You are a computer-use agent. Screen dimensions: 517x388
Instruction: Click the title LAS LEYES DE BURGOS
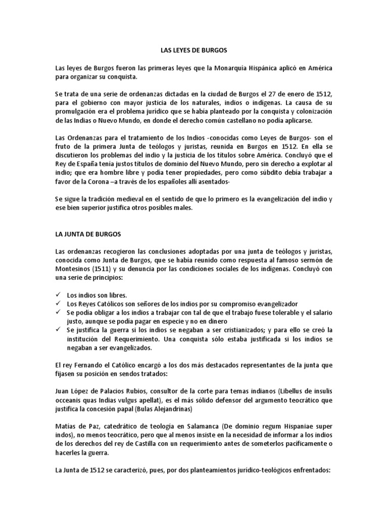pos(193,50)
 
